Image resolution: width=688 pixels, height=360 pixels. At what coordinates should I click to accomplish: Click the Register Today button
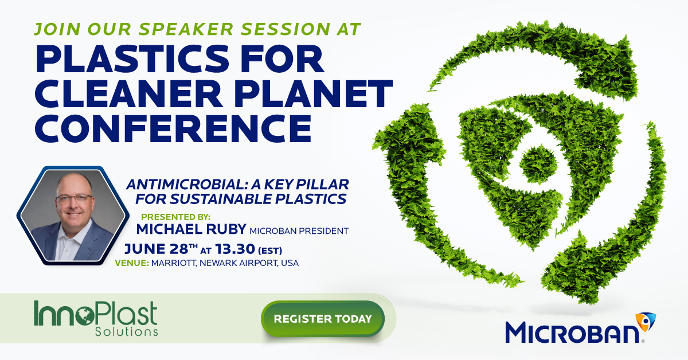322,319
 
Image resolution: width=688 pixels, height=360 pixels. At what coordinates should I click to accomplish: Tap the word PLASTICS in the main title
132,58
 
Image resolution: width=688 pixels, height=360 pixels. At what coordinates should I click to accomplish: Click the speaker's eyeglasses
74,198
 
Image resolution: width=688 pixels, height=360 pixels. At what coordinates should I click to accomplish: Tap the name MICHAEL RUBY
191,229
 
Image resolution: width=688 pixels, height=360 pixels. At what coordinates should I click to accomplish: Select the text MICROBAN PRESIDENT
299,230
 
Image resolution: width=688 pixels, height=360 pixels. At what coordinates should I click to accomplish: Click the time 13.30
235,249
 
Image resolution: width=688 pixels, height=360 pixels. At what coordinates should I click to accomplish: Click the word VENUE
132,263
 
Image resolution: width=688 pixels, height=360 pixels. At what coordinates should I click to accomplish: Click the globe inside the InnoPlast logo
85,316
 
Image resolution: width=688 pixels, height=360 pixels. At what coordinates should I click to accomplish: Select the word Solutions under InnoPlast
127,332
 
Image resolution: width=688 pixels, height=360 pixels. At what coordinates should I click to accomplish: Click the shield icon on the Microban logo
646,322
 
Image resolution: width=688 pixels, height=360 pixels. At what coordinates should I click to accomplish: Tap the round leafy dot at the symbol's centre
538,165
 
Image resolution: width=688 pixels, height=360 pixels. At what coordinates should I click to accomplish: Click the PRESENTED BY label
175,217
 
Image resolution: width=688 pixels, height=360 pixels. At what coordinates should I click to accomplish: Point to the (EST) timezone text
270,251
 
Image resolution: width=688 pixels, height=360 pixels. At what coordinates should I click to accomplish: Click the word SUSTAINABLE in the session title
221,199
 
